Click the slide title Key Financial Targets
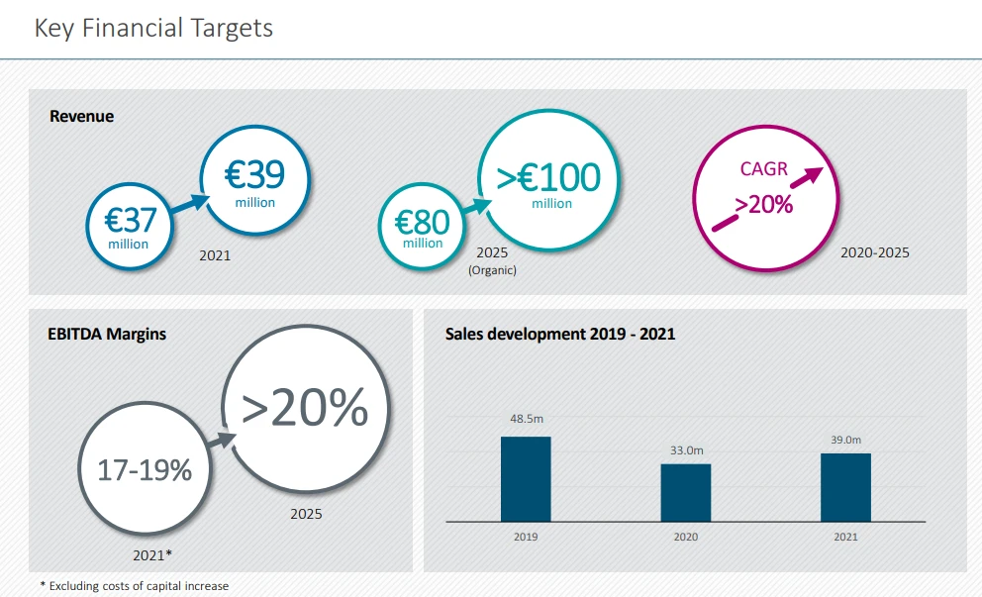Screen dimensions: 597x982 pyautogui.click(x=153, y=28)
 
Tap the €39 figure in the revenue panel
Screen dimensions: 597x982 pyautogui.click(x=254, y=176)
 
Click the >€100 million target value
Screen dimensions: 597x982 pyautogui.click(x=549, y=178)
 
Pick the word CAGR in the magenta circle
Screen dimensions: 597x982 pyautogui.click(x=763, y=168)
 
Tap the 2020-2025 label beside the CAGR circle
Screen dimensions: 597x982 pyautogui.click(x=874, y=252)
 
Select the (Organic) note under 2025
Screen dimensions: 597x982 pyautogui.click(x=492, y=269)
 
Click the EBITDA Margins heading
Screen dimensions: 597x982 pyautogui.click(x=107, y=334)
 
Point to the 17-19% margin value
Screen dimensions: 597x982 pyautogui.click(x=145, y=470)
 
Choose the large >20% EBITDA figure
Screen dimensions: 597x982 pyautogui.click(x=305, y=407)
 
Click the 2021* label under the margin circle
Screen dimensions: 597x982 pyautogui.click(x=152, y=555)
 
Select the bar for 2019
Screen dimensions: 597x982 pyautogui.click(x=526, y=479)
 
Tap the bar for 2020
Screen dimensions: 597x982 pyautogui.click(x=686, y=492)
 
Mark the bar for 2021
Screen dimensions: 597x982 pyautogui.click(x=845, y=487)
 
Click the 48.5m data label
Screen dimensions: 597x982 pyautogui.click(x=526, y=418)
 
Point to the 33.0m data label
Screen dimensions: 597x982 pyautogui.click(x=686, y=450)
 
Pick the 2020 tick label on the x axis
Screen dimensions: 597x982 pyautogui.click(x=686, y=537)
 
